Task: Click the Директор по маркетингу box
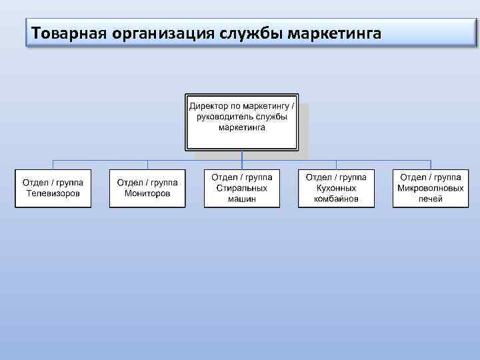[x=241, y=122]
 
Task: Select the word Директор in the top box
[x=209, y=106]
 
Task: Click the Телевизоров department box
[x=53, y=189]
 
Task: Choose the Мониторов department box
[x=147, y=189]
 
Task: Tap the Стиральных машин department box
[x=242, y=189]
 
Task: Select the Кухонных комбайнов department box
[x=336, y=189]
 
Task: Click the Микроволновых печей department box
[x=431, y=189]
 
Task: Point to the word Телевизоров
[x=53, y=193]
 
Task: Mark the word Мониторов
[x=147, y=193]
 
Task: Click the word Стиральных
[x=242, y=188]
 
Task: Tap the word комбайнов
[x=336, y=199]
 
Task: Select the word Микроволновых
[x=431, y=188]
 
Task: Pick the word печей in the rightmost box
[x=431, y=199]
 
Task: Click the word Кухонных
[x=336, y=188]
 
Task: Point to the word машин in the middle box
[x=242, y=199]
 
